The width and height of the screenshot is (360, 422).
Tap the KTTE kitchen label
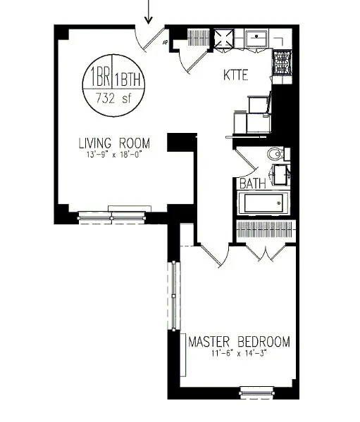click(x=236, y=75)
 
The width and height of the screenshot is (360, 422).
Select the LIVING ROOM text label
click(x=114, y=143)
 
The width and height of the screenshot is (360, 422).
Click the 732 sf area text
click(x=113, y=98)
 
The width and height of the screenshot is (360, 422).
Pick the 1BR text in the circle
click(x=98, y=76)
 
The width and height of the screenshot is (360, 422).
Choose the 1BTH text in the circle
click(x=128, y=76)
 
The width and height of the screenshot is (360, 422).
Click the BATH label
click(x=252, y=184)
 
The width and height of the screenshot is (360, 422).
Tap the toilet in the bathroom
click(x=275, y=153)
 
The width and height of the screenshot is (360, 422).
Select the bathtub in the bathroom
click(x=263, y=205)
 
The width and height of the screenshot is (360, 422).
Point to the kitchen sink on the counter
click(x=258, y=37)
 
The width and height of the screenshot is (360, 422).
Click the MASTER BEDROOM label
click(x=239, y=343)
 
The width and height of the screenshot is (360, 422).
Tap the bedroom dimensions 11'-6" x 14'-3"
click(x=239, y=354)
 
